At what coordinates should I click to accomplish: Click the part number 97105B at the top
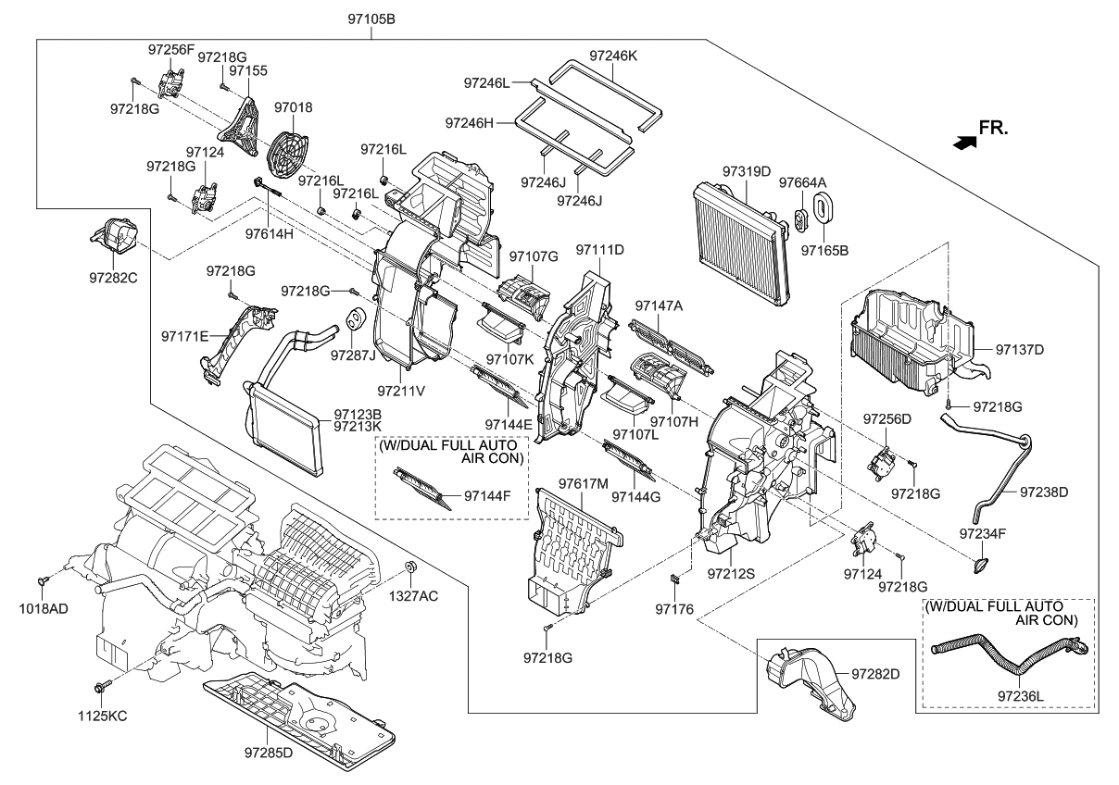click(373, 19)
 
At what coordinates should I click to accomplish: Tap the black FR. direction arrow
click(964, 142)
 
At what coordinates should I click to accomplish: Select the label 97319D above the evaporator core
click(747, 171)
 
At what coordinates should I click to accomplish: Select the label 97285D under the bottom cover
click(269, 753)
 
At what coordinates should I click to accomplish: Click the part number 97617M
click(584, 483)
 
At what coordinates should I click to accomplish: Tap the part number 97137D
click(1020, 350)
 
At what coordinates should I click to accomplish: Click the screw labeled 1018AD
click(44, 579)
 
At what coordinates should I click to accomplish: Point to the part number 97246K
click(614, 55)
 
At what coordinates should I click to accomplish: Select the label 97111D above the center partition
click(600, 250)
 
